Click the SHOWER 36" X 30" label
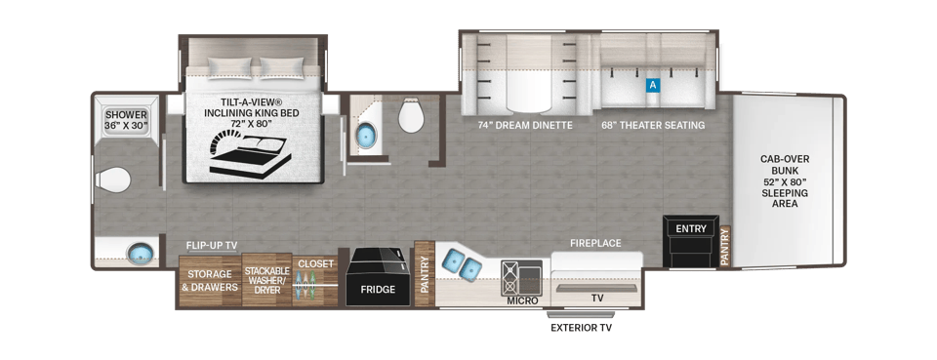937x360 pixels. coord(126,119)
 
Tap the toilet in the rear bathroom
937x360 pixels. coord(113,180)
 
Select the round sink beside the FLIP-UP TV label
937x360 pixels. coord(141,254)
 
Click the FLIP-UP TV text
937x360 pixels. coord(211,245)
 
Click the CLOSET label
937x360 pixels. coord(315,263)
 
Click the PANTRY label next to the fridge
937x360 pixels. coord(425,274)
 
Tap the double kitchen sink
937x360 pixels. coord(463,264)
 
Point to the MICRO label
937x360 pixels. coord(522,300)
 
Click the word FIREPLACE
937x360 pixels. coord(595,243)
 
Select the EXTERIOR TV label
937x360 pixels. coord(581,327)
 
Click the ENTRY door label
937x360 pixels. coord(691,228)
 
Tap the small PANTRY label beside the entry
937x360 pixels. coord(725,246)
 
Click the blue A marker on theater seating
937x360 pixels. coord(653,86)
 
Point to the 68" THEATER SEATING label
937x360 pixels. coord(653,126)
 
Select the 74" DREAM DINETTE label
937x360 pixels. coord(525,126)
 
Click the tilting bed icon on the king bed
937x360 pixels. coord(250,154)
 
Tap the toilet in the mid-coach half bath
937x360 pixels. coord(411,116)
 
